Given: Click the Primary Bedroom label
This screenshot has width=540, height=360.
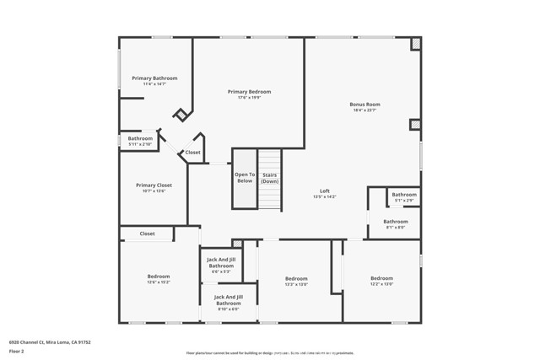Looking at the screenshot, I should point(249,91).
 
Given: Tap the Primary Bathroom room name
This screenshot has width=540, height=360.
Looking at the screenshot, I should point(154,78).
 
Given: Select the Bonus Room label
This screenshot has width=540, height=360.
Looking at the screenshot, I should point(364,105).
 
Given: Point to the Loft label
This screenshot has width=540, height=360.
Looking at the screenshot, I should point(325,190).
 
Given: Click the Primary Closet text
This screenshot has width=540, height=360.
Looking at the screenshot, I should point(154,185).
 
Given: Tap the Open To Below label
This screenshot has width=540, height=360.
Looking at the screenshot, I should point(245,177).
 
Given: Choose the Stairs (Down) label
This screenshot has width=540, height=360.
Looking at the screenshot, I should point(269,177).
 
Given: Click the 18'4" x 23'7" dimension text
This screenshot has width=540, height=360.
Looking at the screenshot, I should point(364,110).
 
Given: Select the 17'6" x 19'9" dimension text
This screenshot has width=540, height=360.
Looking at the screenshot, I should point(249,97).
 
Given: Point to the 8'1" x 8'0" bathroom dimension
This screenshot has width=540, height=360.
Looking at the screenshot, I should point(396,228).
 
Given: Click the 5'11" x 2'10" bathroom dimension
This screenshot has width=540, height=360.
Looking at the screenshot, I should point(140,144).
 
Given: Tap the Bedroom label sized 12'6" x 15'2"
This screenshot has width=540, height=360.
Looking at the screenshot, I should point(159,276).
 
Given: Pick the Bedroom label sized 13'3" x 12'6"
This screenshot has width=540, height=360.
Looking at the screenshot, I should point(296,278).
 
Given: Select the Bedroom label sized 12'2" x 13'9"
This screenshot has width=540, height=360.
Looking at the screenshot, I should point(381,277).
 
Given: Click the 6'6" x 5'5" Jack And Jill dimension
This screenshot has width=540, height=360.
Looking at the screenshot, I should point(221,271).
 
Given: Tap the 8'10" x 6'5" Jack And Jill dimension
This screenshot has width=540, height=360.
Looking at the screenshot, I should point(228,309).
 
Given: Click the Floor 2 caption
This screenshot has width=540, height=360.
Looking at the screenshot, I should point(17,350).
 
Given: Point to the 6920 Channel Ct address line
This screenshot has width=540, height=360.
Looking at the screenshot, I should point(50,342).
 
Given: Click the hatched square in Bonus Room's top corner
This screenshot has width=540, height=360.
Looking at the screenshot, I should point(415,44).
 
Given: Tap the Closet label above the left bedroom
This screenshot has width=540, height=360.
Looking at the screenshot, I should point(147,234).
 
